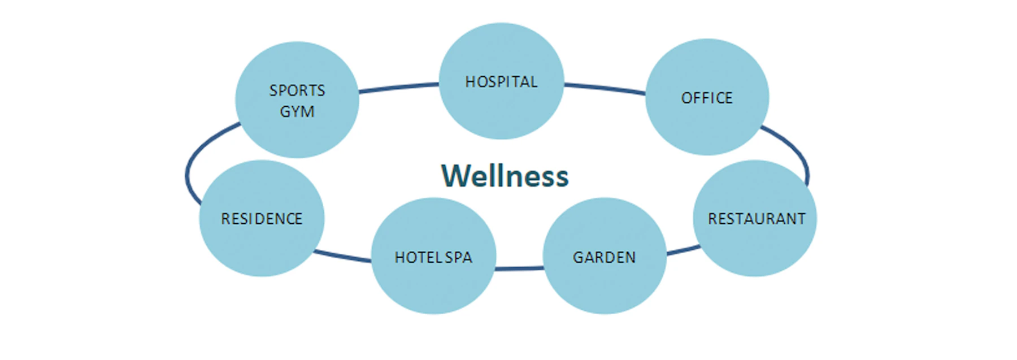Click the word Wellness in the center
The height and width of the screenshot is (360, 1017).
[505, 176]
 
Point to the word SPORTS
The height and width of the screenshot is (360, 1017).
[297, 90]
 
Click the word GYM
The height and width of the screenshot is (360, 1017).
[297, 112]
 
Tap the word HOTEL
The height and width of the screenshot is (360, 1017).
[418, 258]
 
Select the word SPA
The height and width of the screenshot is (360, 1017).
[458, 258]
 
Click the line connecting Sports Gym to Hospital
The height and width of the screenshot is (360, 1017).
[398, 87]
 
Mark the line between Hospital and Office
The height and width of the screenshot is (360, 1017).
[605, 88]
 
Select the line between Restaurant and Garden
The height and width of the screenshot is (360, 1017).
[683, 250]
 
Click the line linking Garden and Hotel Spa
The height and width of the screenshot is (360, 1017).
[519, 268]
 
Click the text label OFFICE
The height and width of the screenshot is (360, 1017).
[707, 98]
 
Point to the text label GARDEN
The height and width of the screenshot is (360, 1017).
[604, 258]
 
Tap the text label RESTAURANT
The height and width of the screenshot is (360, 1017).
[757, 219]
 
